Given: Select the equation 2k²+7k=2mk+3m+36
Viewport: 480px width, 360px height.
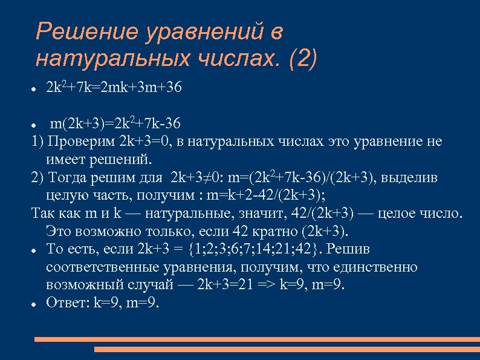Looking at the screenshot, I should click(114, 88).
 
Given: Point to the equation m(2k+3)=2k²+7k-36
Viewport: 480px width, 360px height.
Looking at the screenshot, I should click(115, 125).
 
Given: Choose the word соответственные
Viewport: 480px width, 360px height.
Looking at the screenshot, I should click(102, 267).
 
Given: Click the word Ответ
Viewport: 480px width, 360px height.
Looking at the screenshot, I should click(66, 303).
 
